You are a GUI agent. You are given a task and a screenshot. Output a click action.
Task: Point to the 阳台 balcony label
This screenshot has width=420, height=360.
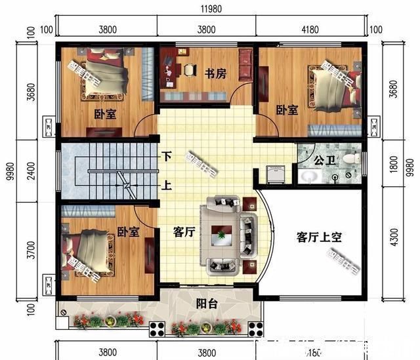(207, 304)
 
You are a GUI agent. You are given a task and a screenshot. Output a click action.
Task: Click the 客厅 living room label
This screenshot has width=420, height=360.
(186, 231)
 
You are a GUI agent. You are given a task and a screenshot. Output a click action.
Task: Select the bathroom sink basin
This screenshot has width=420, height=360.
(309, 176)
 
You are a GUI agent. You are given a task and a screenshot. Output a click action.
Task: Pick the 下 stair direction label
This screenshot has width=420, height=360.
(167, 157)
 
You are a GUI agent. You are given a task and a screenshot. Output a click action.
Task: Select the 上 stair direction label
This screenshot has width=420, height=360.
(167, 186)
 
